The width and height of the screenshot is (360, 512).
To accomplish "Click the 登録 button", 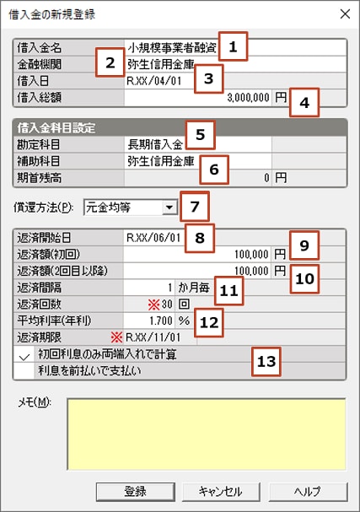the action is pyautogui.click(x=136, y=491).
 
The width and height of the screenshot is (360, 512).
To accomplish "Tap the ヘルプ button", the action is pyautogui.click(x=308, y=491).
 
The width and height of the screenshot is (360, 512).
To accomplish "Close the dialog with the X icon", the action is pyautogui.click(x=345, y=14).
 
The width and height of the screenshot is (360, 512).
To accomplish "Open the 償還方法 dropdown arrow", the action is pyautogui.click(x=169, y=207).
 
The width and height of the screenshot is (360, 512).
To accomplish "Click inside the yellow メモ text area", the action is pyautogui.click(x=207, y=434).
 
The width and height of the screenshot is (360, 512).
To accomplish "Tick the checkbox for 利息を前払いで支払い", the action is pyautogui.click(x=24, y=371).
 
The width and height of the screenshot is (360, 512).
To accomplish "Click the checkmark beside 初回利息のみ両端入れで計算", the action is pyautogui.click(x=24, y=356).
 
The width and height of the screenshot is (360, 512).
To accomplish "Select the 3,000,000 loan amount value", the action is pyautogui.click(x=248, y=97).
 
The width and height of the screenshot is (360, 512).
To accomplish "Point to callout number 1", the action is pyautogui.click(x=233, y=46).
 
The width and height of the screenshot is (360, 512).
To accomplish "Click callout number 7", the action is pyautogui.click(x=195, y=207).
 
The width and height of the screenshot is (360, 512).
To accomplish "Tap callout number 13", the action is pyautogui.click(x=266, y=362).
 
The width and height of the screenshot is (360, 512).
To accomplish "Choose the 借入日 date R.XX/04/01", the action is pyautogui.click(x=154, y=81).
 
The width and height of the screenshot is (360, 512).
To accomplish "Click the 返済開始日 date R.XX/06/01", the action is pyautogui.click(x=153, y=238).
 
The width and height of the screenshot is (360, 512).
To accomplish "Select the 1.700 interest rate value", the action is pyautogui.click(x=161, y=321).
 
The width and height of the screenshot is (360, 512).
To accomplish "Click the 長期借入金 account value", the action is pyautogui.click(x=155, y=144).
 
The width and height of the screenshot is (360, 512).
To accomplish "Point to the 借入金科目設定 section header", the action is pyautogui.click(x=56, y=128).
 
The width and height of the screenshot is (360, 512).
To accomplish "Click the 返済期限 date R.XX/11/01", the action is pyautogui.click(x=153, y=337).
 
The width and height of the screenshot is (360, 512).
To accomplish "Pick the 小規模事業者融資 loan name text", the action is pyautogui.click(x=172, y=48).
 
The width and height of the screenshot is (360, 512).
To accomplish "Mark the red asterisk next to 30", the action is pyautogui.click(x=153, y=305).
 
